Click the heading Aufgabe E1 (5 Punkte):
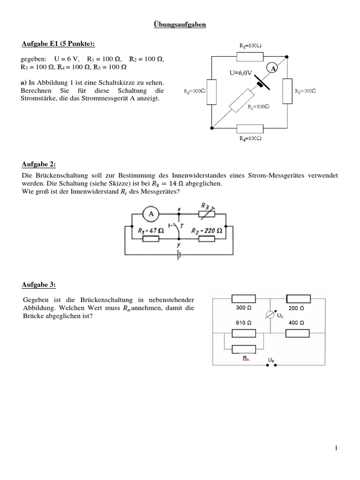(58, 44)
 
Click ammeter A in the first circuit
(271, 68)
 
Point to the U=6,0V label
(241, 73)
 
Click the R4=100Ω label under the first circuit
(250, 139)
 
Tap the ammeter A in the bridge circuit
(150, 214)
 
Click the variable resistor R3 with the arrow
(205, 213)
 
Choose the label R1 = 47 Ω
(151, 230)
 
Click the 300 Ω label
(243, 309)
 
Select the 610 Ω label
(243, 323)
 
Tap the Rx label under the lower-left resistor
(245, 358)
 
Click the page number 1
(336, 449)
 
